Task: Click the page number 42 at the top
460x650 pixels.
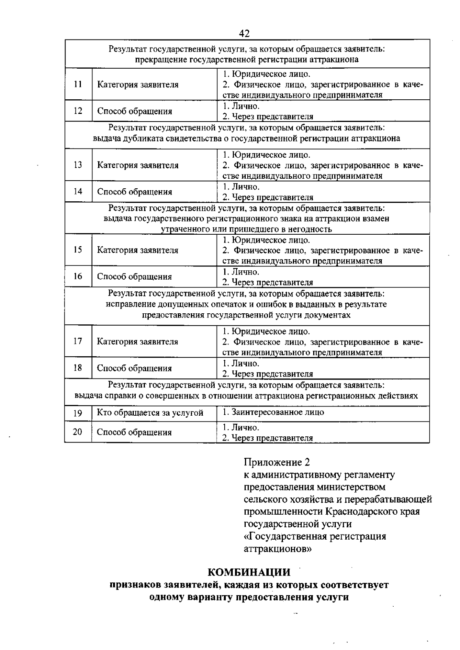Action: pyautogui.click(x=244, y=34)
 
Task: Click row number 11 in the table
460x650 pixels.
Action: pyautogui.click(x=78, y=84)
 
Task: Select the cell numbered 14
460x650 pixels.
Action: pyautogui.click(x=78, y=191)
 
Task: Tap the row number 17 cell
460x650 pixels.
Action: pyautogui.click(x=78, y=341)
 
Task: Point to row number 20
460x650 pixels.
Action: pyautogui.click(x=77, y=432)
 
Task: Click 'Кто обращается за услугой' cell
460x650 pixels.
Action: pyautogui.click(x=150, y=413)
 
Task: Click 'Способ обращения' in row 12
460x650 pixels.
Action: pyautogui.click(x=135, y=111)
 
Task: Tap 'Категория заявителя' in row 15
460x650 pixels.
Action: pyautogui.click(x=138, y=250)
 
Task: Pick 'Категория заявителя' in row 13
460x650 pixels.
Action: pyautogui.click(x=138, y=165)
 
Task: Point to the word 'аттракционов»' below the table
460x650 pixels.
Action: pyautogui.click(x=278, y=549)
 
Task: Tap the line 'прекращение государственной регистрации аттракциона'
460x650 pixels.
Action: pyautogui.click(x=247, y=59)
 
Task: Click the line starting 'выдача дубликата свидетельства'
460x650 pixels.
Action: pyautogui.click(x=247, y=138)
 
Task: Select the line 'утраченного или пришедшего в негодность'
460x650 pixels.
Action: pyautogui.click(x=246, y=229)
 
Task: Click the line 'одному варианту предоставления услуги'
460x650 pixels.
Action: pyautogui.click(x=249, y=597)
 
